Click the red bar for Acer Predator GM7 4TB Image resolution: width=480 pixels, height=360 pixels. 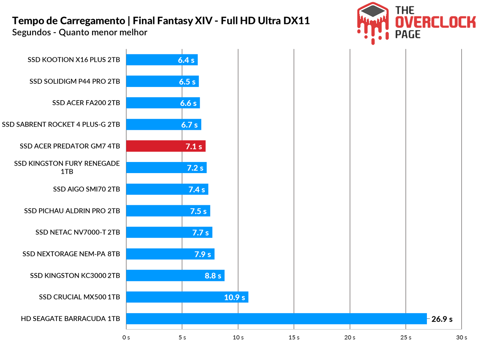(166, 146)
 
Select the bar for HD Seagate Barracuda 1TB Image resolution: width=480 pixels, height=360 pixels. (276, 319)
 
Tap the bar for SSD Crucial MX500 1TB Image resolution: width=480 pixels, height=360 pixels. (187, 297)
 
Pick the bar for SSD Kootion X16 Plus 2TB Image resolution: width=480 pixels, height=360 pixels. (162, 60)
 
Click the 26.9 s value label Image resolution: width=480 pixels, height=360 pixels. (442, 319)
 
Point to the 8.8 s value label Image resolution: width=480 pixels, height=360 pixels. (213, 276)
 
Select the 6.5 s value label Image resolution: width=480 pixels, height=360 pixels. (187, 82)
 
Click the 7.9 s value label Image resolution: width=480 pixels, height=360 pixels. (202, 254)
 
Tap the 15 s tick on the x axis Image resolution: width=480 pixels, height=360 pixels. (294, 337)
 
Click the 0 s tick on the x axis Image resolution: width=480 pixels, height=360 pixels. (126, 337)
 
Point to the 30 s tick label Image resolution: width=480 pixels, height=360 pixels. (461, 337)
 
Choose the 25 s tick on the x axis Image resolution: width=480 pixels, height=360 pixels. (406, 337)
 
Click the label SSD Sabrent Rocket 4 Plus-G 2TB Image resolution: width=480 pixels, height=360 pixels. (61, 124)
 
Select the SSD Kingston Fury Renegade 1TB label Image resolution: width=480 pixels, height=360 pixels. (67, 167)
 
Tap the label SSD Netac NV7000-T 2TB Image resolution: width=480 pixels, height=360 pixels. (78, 232)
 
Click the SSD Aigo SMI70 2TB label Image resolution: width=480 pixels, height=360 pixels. (86, 189)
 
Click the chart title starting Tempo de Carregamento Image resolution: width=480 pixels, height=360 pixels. (161, 21)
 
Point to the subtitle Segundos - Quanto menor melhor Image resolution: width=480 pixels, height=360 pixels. (79, 32)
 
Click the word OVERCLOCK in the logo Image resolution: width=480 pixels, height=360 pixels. (435, 22)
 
